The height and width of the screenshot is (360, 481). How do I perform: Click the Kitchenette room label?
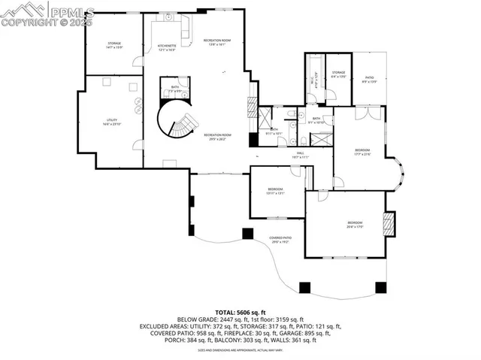click(x=167, y=47)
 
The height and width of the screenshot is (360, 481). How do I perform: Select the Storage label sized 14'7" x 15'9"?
click(x=114, y=45)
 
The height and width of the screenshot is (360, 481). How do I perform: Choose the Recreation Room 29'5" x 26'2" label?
click(x=217, y=137)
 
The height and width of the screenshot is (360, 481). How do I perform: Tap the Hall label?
click(x=300, y=155)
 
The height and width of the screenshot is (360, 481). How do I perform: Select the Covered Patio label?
click(x=281, y=240)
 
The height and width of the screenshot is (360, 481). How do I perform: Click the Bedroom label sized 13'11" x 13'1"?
click(x=275, y=191)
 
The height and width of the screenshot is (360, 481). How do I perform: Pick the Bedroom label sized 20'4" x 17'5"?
click(x=355, y=224)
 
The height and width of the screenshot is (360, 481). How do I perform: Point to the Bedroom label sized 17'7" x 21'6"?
click(x=363, y=152)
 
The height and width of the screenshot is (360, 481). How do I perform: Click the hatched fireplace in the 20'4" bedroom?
click(x=389, y=225)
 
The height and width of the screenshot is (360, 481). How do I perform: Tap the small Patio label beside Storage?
click(x=369, y=79)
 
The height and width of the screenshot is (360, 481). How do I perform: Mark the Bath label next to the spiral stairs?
click(x=174, y=89)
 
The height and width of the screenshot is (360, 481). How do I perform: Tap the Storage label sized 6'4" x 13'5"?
click(x=339, y=74)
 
